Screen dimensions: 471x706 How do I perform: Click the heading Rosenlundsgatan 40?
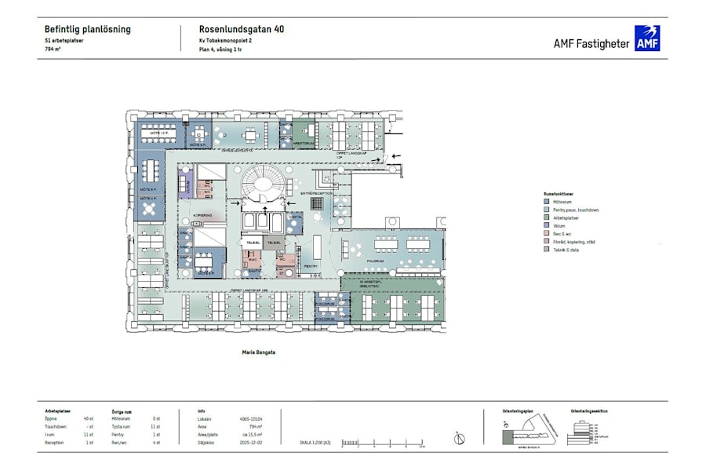(242, 30)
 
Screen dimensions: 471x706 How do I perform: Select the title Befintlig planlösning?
(88, 30)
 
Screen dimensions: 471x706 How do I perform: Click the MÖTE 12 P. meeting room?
(161, 132)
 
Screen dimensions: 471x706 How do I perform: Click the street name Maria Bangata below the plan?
(260, 352)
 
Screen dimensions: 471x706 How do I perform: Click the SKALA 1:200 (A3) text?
(315, 443)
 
